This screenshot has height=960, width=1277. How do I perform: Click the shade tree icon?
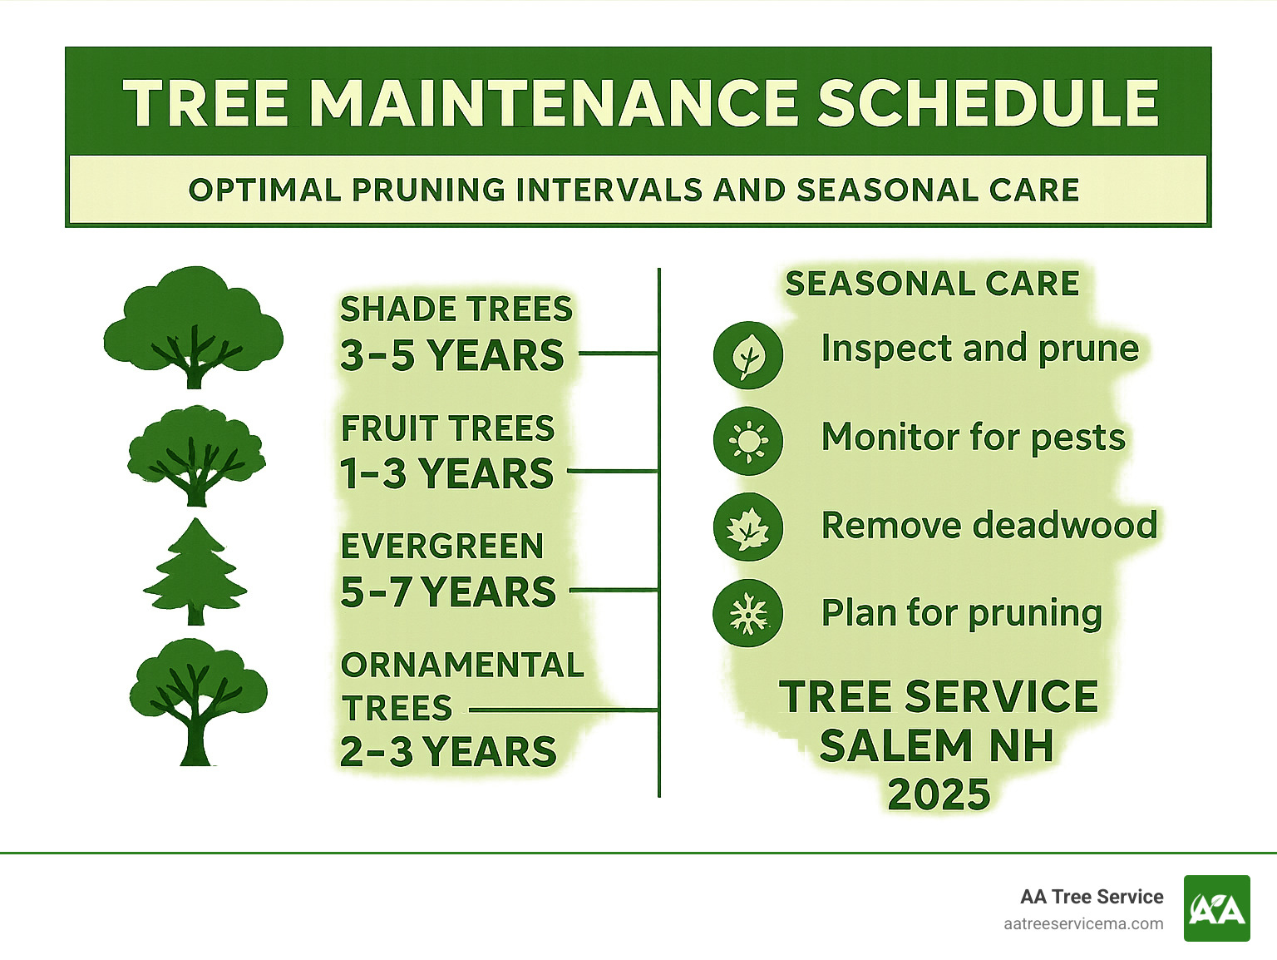(x=193, y=328)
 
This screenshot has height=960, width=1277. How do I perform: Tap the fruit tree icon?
(x=196, y=456)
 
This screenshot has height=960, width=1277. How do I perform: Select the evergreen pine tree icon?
(x=195, y=572)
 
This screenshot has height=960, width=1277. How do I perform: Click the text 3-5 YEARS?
(x=451, y=355)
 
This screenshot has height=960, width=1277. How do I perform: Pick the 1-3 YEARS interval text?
(x=446, y=474)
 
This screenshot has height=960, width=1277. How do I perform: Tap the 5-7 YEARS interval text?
(x=448, y=592)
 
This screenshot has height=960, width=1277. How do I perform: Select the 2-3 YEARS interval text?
(x=448, y=752)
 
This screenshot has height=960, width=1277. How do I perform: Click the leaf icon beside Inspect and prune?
(x=747, y=355)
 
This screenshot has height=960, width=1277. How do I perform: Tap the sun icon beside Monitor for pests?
(x=747, y=441)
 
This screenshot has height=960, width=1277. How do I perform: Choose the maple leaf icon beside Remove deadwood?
(x=747, y=527)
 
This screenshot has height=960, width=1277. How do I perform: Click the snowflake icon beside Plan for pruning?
(x=747, y=614)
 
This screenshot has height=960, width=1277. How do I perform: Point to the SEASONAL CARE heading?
(x=932, y=285)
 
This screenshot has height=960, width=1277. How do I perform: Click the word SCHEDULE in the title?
(x=988, y=104)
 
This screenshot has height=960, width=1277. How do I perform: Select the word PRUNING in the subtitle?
(x=428, y=191)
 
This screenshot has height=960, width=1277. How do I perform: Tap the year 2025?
(x=939, y=795)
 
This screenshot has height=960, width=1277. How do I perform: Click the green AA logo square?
(x=1216, y=908)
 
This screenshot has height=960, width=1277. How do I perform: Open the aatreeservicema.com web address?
(x=1083, y=924)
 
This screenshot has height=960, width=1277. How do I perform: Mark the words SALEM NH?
(x=937, y=746)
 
